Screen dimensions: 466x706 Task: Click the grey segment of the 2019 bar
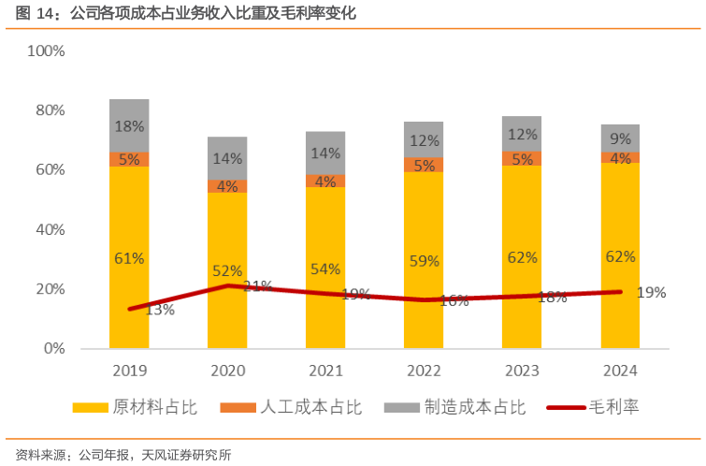[x=129, y=125]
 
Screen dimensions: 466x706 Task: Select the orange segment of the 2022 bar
[x=424, y=165]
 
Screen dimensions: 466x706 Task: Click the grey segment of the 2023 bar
[x=522, y=134]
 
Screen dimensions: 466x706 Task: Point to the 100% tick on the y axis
[x=46, y=51]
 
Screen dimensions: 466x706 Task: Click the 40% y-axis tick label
[x=50, y=229]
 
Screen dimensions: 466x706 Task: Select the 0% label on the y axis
[x=53, y=348]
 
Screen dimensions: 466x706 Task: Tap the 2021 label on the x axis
[x=325, y=369]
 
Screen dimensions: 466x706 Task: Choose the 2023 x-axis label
[x=522, y=369]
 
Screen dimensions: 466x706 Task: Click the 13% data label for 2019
[x=160, y=310]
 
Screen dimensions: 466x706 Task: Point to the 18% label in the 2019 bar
[x=129, y=126]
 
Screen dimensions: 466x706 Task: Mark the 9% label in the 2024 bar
[x=620, y=138]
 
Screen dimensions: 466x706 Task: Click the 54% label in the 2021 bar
[x=325, y=269]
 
